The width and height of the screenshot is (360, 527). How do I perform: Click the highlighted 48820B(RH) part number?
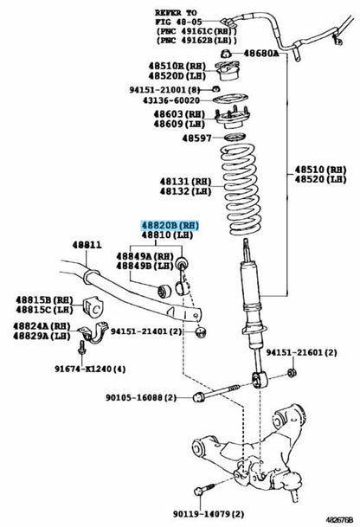click(170, 225)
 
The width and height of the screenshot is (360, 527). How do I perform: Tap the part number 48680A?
click(261, 53)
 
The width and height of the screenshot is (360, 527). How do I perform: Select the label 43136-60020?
click(171, 100)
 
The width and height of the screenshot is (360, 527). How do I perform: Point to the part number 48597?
click(196, 138)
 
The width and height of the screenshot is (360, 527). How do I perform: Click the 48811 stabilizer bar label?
click(87, 245)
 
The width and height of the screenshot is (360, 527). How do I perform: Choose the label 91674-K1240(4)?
click(90, 369)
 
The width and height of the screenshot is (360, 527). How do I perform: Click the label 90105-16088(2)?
click(141, 397)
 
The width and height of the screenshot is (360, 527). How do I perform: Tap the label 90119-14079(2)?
click(209, 514)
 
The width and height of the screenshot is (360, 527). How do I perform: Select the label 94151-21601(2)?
click(301, 352)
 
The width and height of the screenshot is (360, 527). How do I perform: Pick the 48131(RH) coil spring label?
click(185, 182)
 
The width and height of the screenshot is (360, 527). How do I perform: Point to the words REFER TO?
click(176, 13)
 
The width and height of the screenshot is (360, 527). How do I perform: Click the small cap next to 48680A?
click(226, 53)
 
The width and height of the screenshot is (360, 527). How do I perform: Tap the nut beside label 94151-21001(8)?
click(215, 89)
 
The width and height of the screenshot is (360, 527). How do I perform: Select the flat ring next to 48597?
click(235, 137)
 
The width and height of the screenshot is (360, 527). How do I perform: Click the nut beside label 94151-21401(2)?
click(201, 332)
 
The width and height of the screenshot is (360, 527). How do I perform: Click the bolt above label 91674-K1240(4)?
click(81, 348)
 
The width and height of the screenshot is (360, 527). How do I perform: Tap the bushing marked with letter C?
click(93, 305)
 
